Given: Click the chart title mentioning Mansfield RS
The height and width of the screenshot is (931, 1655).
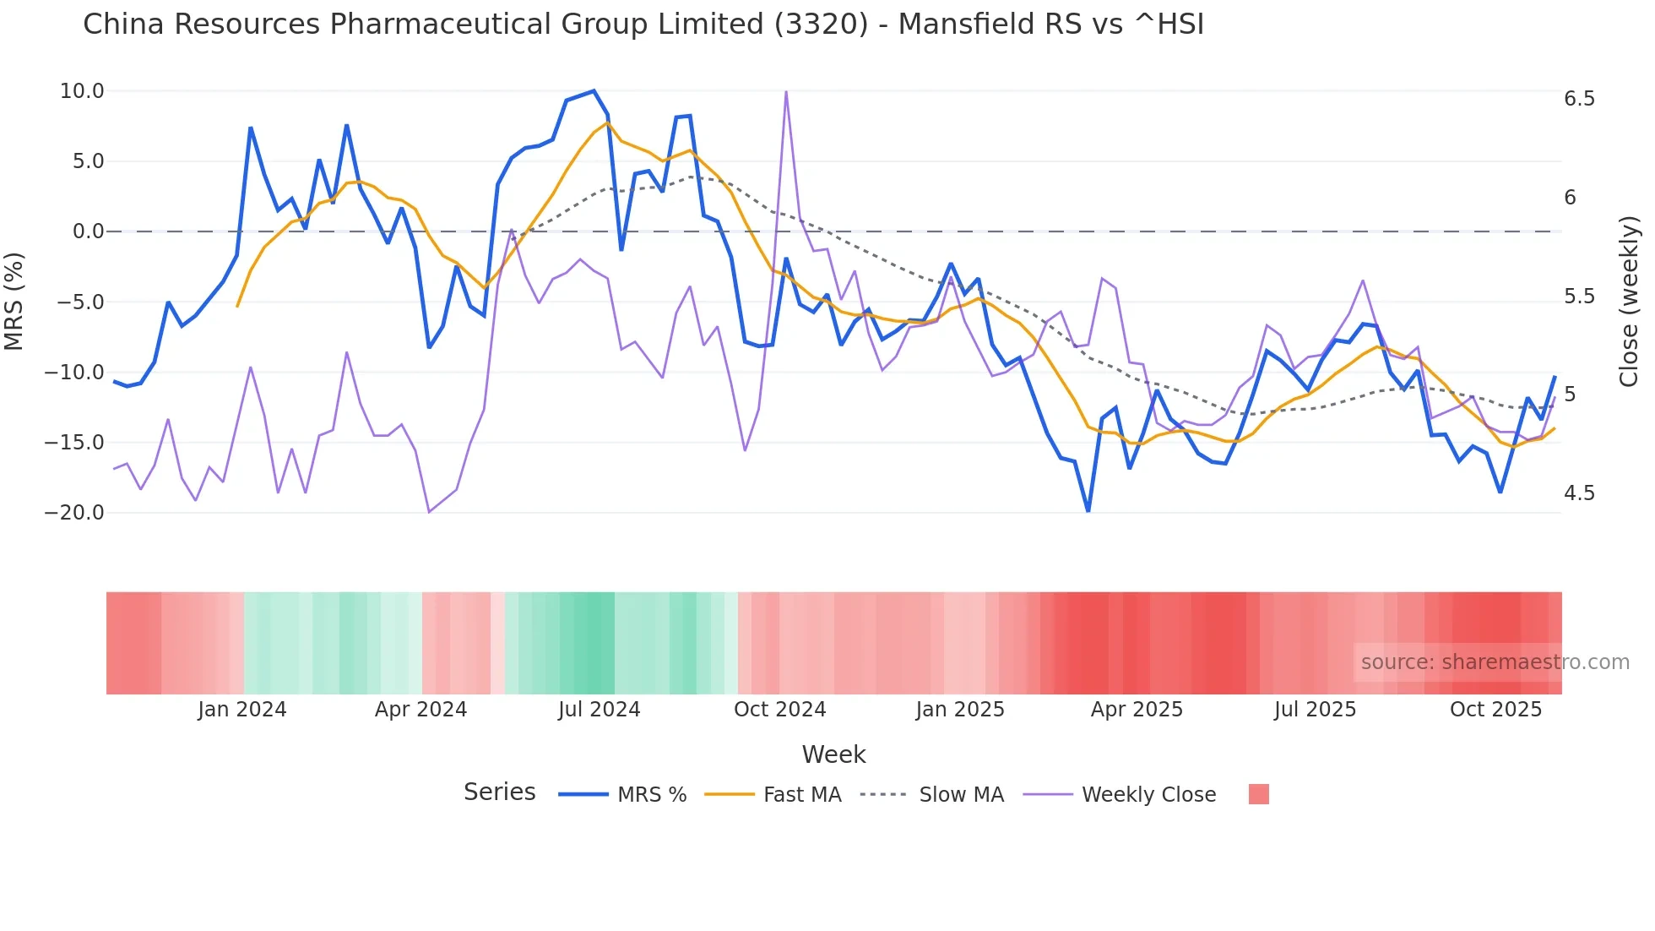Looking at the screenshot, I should [x=643, y=24].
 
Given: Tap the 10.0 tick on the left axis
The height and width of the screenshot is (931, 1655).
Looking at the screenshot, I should [x=82, y=91].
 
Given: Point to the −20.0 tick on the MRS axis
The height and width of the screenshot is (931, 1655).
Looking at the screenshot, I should [x=74, y=513].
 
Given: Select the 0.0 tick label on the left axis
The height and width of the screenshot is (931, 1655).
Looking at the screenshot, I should [x=88, y=231].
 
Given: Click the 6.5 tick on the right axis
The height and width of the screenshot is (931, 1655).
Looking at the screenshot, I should [x=1579, y=99].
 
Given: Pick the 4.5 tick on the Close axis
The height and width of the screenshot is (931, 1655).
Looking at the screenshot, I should [x=1579, y=493].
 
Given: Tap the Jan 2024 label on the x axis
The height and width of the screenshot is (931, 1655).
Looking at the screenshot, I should [x=242, y=710].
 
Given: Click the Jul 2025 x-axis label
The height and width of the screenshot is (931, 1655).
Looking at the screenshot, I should [x=1315, y=710].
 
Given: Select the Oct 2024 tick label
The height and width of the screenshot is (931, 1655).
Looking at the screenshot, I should [x=779, y=710].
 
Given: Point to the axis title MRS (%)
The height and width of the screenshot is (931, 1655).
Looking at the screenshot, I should [x=14, y=301].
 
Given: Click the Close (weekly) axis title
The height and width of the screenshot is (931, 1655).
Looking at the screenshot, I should [x=1629, y=301].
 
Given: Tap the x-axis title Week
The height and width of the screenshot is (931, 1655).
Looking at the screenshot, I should [x=833, y=754].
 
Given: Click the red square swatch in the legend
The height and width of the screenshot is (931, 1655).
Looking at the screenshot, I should [x=1258, y=794].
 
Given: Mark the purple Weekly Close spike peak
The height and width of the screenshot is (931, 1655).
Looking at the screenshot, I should [x=786, y=92].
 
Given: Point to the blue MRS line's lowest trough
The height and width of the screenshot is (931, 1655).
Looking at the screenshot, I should [x=1088, y=511].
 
